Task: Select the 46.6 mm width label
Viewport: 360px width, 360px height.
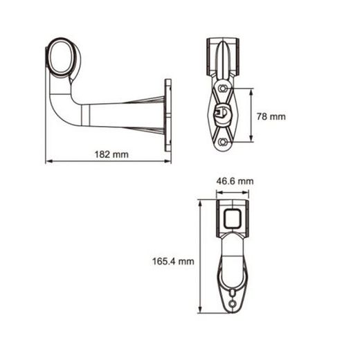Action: click(234, 182)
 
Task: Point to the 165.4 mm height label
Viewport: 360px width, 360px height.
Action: click(173, 261)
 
